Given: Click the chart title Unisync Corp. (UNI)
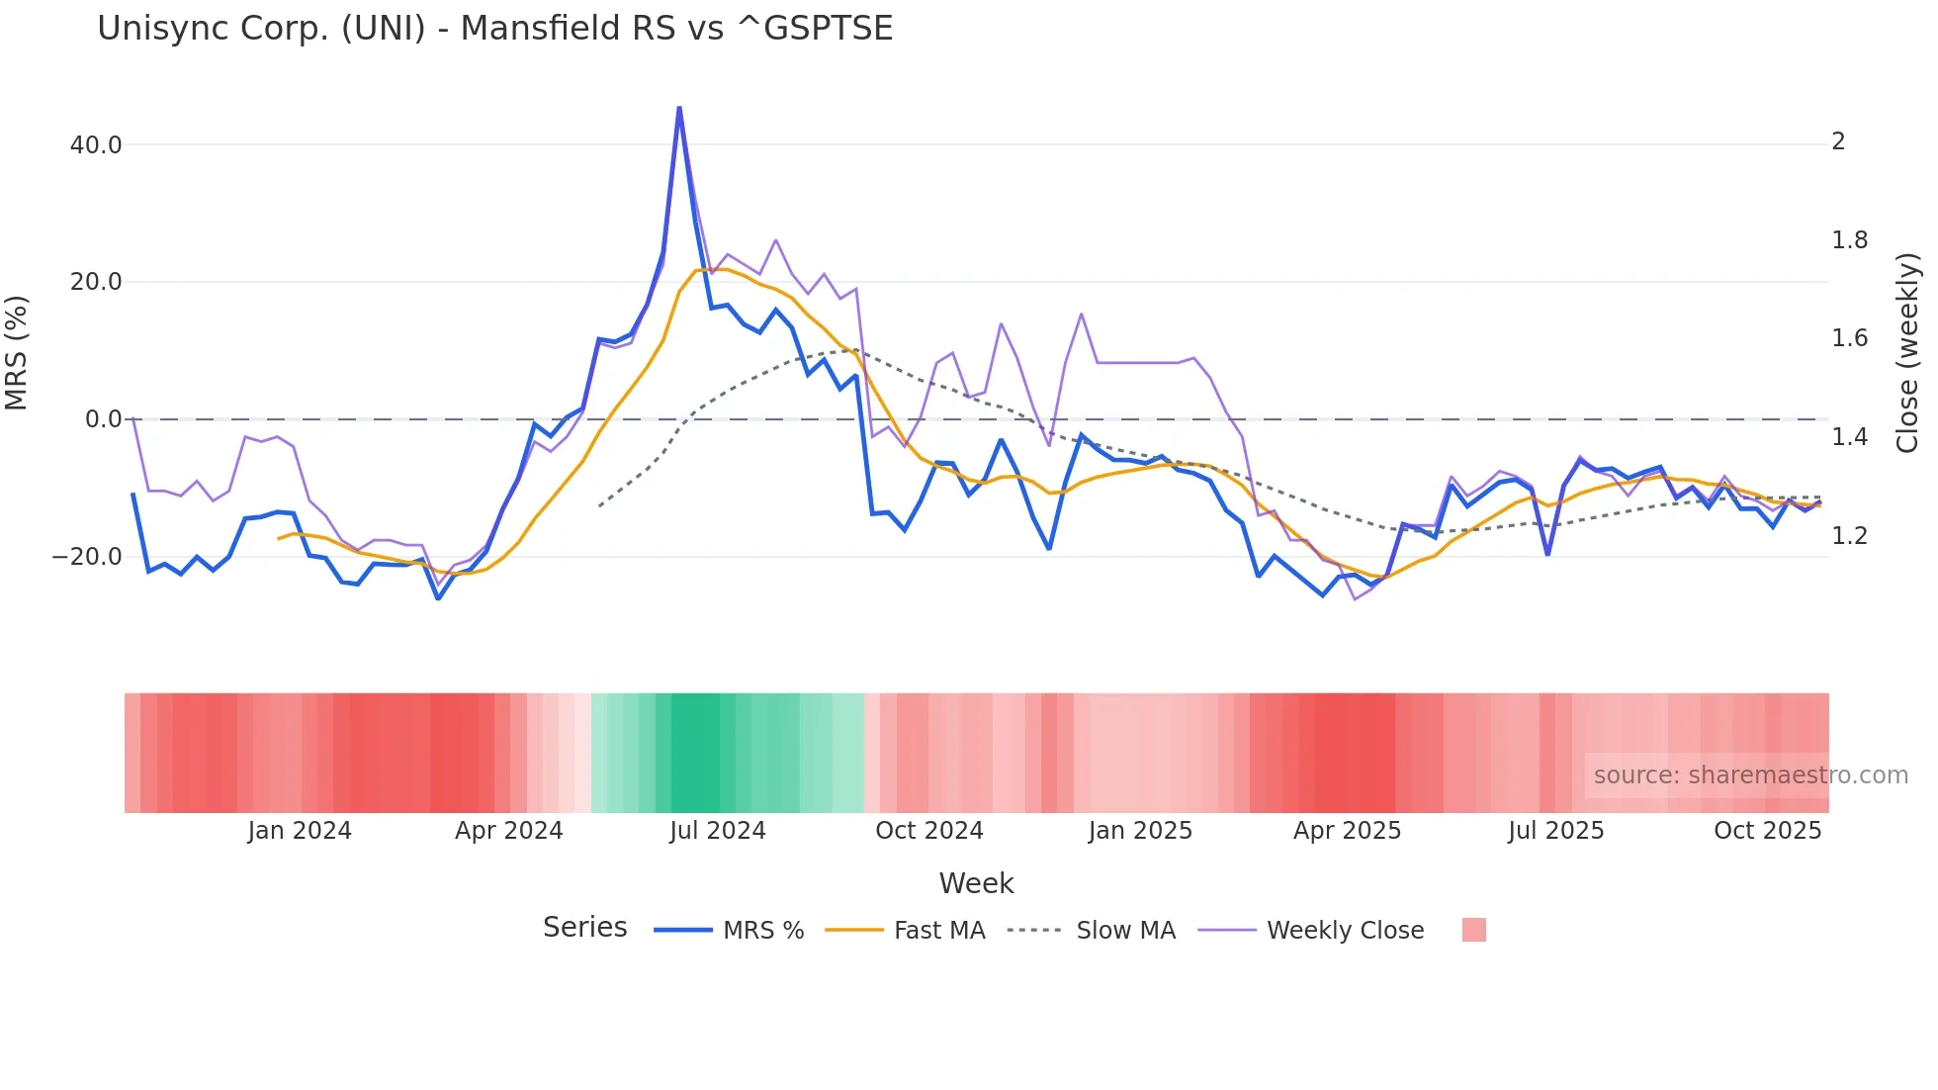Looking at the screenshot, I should pos(494,28).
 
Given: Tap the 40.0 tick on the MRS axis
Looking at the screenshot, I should pos(96,145).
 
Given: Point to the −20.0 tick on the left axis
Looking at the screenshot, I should pos(87,557).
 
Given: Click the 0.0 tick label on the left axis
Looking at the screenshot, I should pos(103,419).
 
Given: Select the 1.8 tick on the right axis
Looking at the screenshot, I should pos(1849,240).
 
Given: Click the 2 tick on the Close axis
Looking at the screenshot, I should pos(1838,141).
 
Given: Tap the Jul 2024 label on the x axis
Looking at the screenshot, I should pos(717,831).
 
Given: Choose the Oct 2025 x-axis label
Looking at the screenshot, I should pos(1767,831).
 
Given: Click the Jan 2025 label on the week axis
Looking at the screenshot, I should pos(1139,831).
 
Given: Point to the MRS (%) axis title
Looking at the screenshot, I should pos(17,352).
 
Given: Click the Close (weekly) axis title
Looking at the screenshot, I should pos(1907,352).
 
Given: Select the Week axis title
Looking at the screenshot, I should pos(976,883).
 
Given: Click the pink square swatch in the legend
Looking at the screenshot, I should pos(1473,931).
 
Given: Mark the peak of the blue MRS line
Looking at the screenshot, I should pos(679,108).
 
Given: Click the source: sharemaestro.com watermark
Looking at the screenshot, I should pos(1750,775).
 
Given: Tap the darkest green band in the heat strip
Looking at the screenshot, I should pos(702,753).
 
